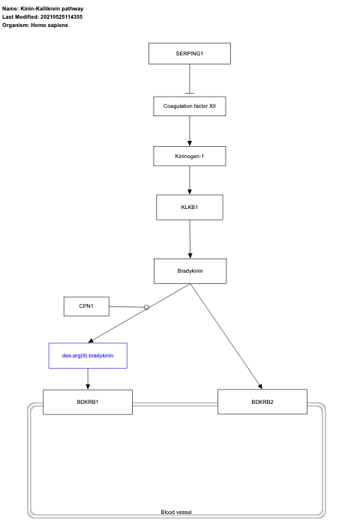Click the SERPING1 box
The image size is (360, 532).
189,55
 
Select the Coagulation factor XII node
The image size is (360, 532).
189,106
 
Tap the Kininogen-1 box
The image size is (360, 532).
189,156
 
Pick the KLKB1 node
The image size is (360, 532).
189,207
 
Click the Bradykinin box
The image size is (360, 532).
189,271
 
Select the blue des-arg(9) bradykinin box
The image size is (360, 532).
88,355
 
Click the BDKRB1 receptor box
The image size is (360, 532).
88,402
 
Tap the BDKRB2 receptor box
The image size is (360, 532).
262,402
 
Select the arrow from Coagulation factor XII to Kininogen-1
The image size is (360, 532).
189,131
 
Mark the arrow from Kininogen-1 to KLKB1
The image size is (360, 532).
189,181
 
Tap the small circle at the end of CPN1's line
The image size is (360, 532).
147,307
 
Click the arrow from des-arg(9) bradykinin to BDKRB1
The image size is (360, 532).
88,379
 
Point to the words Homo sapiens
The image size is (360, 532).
49,25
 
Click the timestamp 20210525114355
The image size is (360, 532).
67,16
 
